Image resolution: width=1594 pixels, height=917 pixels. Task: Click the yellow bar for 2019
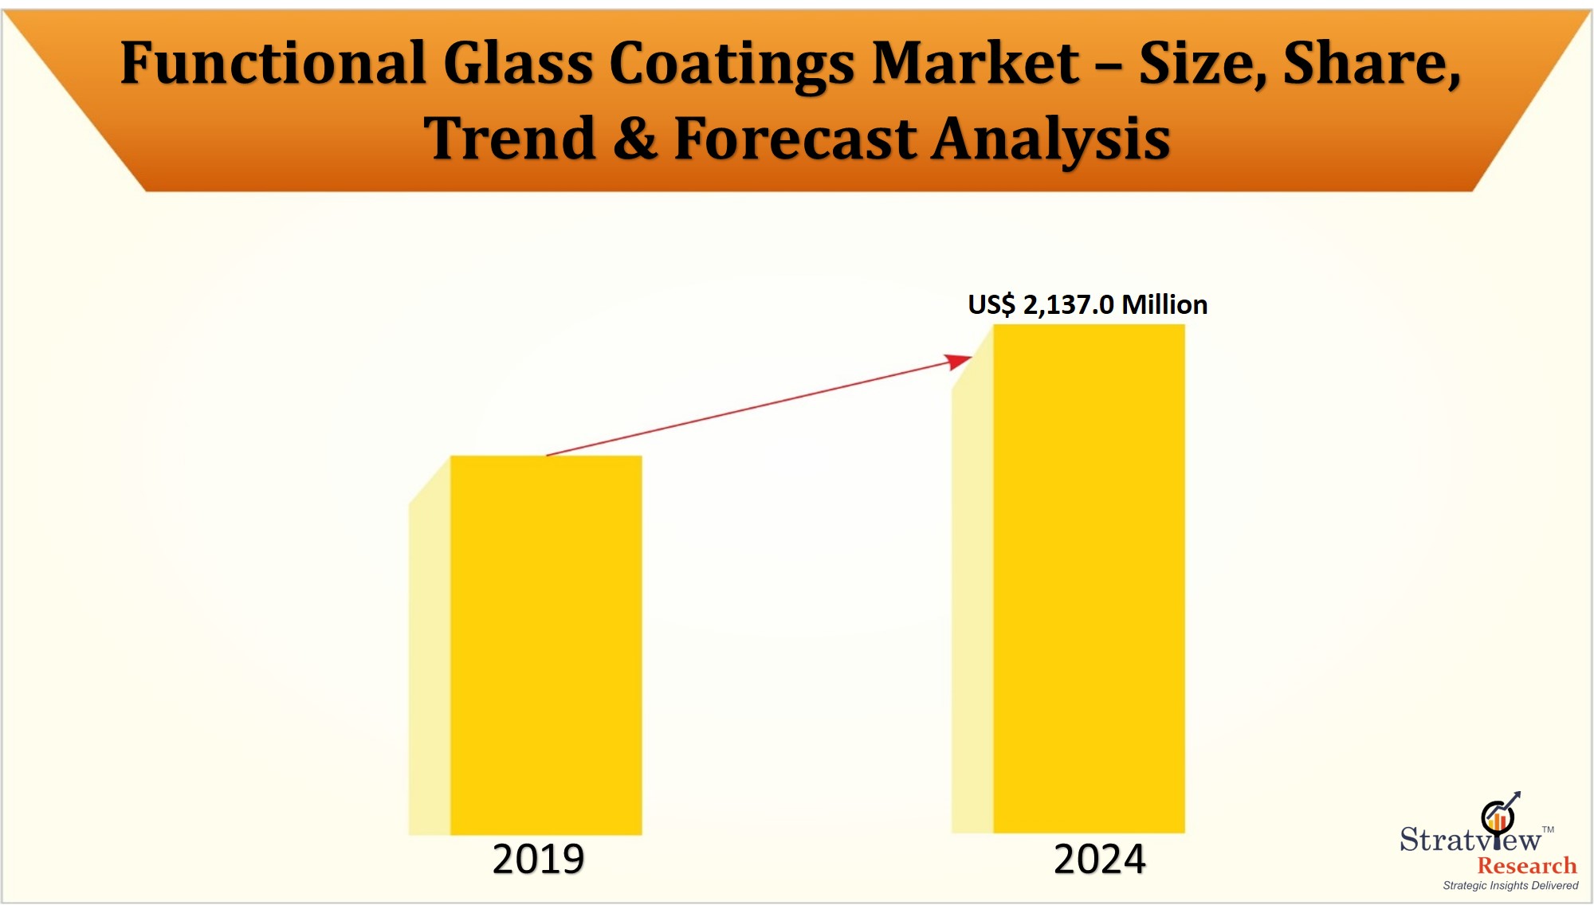point(546,645)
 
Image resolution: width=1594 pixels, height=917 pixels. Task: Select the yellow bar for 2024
point(1089,578)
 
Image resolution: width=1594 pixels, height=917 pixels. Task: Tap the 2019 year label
point(538,859)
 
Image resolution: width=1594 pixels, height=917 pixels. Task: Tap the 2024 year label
point(1099,859)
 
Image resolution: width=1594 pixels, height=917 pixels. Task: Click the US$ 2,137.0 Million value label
point(1087,304)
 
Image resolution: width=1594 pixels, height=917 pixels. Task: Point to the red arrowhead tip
point(970,358)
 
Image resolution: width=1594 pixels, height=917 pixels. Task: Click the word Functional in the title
point(273,63)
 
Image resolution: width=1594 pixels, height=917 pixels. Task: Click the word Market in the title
point(976,63)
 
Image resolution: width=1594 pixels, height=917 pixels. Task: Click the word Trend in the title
point(509,139)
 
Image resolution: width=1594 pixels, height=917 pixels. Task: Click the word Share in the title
point(1371,65)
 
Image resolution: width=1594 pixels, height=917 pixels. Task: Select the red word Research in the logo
point(1526,865)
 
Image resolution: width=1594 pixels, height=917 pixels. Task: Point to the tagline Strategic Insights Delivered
point(1510,885)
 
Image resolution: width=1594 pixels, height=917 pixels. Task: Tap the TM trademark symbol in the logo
point(1548,829)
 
